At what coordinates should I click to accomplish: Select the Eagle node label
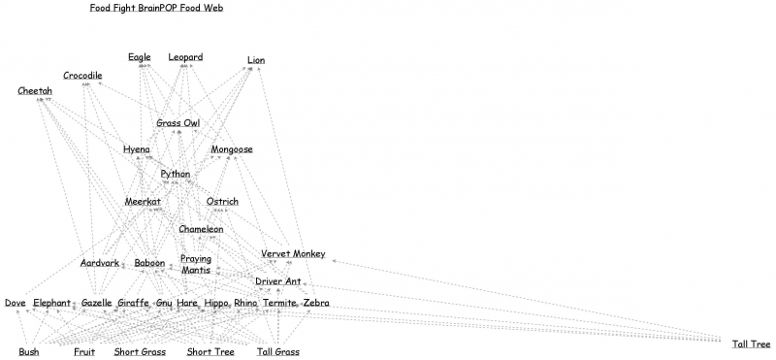140,57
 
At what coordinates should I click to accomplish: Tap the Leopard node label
185,57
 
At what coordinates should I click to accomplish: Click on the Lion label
256,60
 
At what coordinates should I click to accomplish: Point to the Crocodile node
82,76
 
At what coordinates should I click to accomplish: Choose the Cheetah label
35,91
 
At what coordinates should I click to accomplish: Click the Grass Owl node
178,123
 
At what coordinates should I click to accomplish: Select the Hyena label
136,149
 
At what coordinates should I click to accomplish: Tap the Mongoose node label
232,149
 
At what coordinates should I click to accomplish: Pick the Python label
176,174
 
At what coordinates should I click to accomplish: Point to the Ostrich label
222,202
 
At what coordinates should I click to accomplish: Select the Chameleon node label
201,229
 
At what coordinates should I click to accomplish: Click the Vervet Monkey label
293,254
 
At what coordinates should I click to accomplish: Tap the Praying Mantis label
196,265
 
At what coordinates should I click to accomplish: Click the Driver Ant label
277,281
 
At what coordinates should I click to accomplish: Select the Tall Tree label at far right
752,344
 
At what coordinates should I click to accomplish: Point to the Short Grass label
140,352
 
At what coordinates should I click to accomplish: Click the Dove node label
15,304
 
